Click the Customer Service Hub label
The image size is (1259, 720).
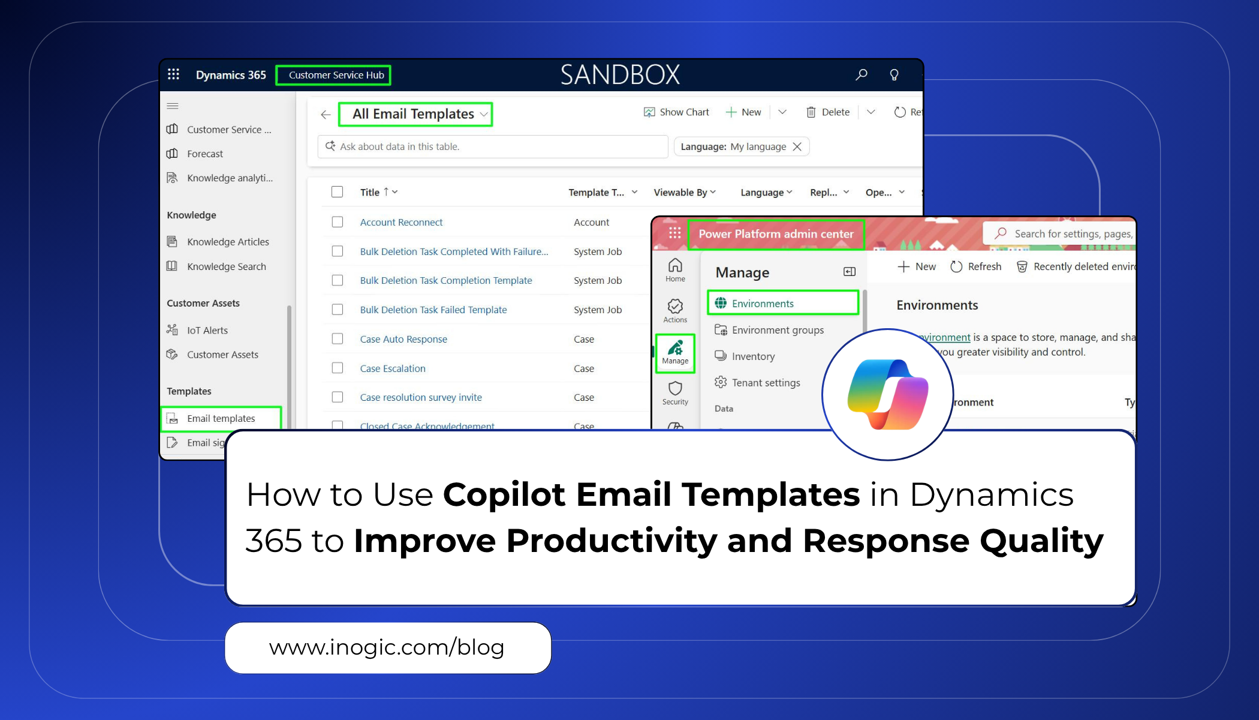coord(336,75)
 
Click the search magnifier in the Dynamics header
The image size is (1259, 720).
coord(861,74)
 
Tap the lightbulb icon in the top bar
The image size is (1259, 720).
coord(894,74)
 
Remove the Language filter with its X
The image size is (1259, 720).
coord(797,146)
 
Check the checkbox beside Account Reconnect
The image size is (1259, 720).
coord(338,222)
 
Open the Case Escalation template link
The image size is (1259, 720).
coord(393,368)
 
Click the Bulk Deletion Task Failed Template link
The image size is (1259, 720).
coord(433,310)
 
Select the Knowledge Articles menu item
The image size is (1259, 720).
coord(227,242)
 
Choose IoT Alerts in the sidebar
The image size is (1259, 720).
coord(207,330)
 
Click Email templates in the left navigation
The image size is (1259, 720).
coord(221,418)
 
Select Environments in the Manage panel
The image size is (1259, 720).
coord(762,304)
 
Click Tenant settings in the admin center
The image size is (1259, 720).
coord(765,383)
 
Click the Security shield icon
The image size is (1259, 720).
coord(675,389)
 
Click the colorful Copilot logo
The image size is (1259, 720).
coord(887,394)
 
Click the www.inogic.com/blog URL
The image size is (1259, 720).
coord(387,647)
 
